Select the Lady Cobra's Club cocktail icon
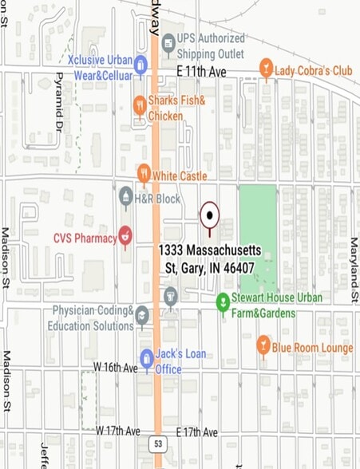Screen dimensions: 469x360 pos(266,70)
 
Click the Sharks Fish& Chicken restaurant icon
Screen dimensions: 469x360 pos(140,106)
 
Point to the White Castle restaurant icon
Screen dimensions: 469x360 pos(144,174)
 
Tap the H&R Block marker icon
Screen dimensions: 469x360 pos(125,196)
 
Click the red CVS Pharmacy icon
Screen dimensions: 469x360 pos(125,236)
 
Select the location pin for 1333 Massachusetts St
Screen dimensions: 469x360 pos(209,215)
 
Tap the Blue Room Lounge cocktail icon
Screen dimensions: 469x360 pos(263,346)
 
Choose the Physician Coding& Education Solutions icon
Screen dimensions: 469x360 pos(142,316)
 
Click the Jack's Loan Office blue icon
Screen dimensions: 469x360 pos(146,359)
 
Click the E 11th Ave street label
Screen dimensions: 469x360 pos(202,71)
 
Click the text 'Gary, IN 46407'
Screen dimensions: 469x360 pos(217,268)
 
